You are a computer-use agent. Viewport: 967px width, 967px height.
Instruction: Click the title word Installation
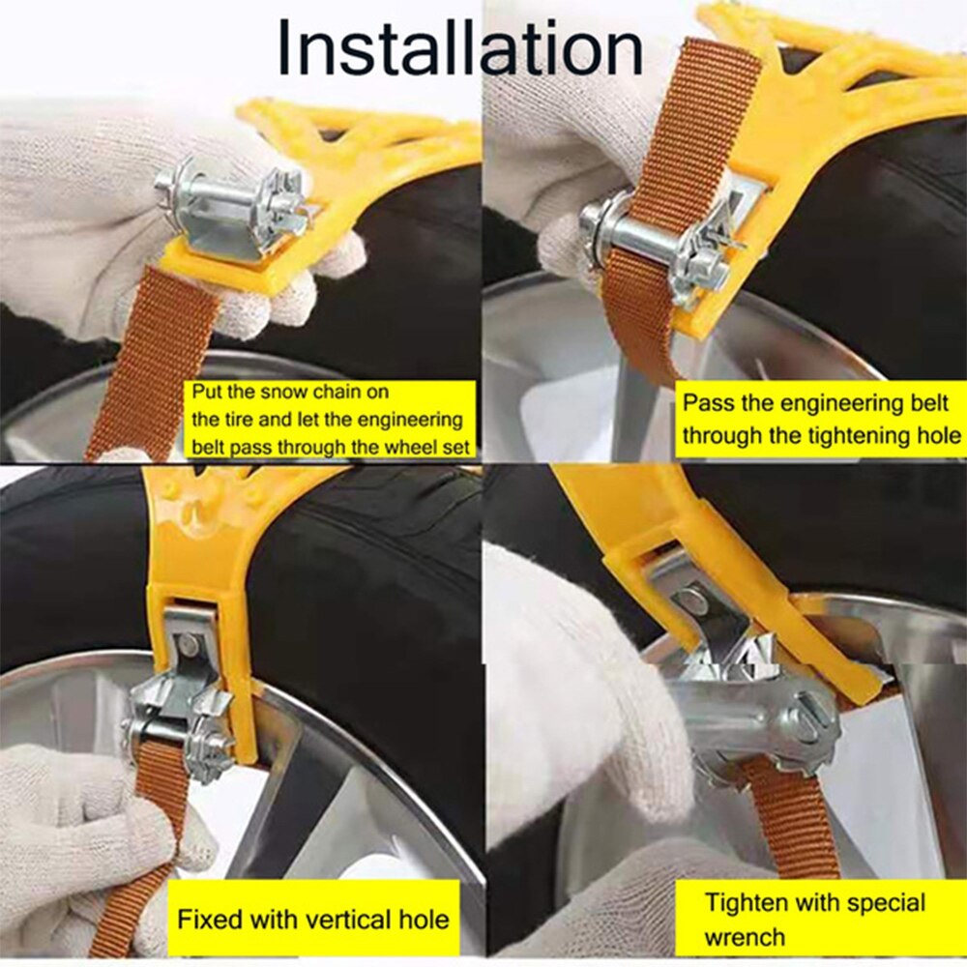point(459,48)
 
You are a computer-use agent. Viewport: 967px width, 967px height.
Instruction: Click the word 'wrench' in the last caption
point(745,936)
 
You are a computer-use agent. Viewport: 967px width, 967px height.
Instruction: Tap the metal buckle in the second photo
point(658,247)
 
